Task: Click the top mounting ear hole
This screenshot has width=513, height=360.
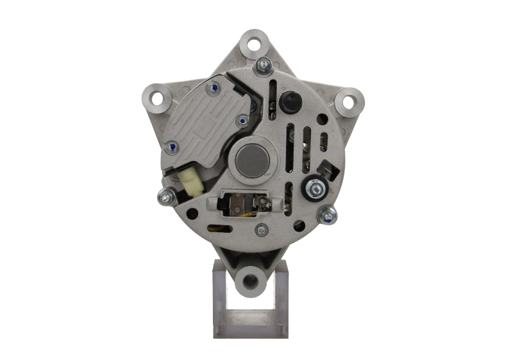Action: (254, 44)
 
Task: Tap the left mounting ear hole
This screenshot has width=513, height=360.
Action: (156, 98)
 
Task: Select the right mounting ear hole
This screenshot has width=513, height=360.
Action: (348, 101)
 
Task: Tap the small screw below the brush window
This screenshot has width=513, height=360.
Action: (260, 228)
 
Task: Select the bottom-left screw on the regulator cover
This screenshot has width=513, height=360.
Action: (172, 148)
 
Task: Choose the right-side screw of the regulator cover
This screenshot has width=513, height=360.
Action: (242, 119)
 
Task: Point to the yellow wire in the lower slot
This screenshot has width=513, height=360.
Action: (225, 228)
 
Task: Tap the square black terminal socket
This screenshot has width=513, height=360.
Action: (328, 169)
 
